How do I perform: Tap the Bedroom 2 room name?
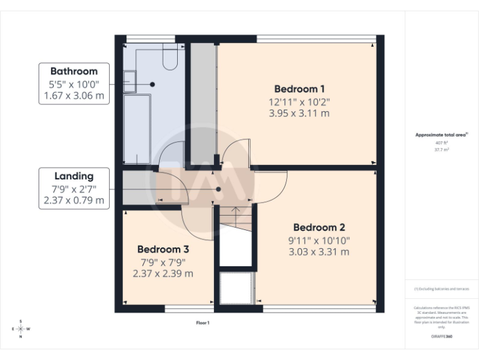tap(319, 227)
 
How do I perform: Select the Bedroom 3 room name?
tap(163, 248)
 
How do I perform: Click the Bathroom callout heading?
tap(74, 71)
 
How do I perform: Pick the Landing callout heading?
tap(74, 176)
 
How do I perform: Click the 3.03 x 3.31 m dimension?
tap(319, 252)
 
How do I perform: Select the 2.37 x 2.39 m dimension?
tap(163, 273)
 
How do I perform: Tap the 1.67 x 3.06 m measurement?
tap(74, 96)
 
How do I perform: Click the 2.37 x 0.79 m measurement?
tap(74, 201)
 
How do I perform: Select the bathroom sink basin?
tap(130, 81)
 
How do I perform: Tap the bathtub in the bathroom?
tap(137, 128)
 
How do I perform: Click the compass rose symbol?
tap(21, 329)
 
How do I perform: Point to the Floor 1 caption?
tap(203, 323)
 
